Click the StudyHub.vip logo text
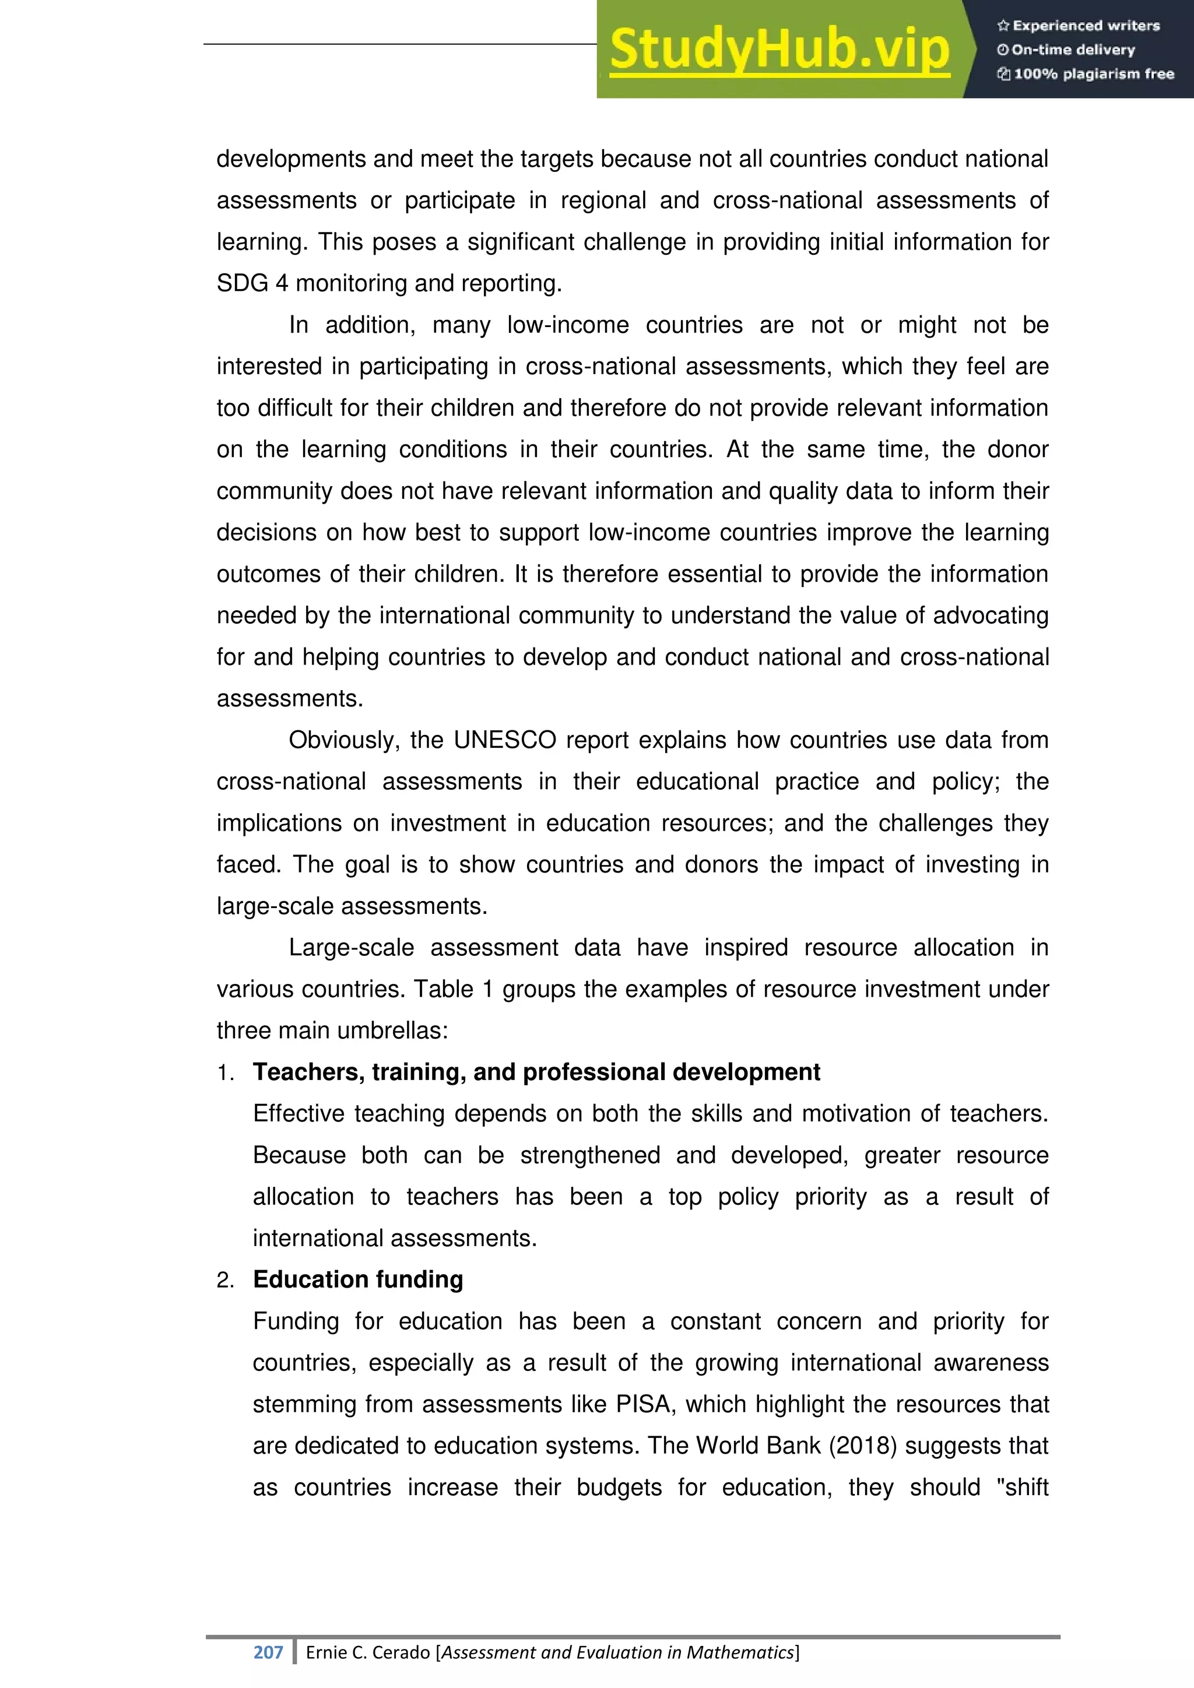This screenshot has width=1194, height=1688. (x=779, y=50)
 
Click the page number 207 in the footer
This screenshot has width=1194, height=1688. (x=268, y=1652)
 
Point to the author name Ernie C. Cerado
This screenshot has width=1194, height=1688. (x=368, y=1652)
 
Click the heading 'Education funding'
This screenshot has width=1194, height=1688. (x=357, y=1280)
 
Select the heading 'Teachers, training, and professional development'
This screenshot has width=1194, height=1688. (x=536, y=1072)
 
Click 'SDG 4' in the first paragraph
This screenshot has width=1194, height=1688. (x=252, y=284)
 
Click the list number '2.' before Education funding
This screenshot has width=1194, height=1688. (x=225, y=1281)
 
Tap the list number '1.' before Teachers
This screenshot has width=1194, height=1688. (x=225, y=1074)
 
